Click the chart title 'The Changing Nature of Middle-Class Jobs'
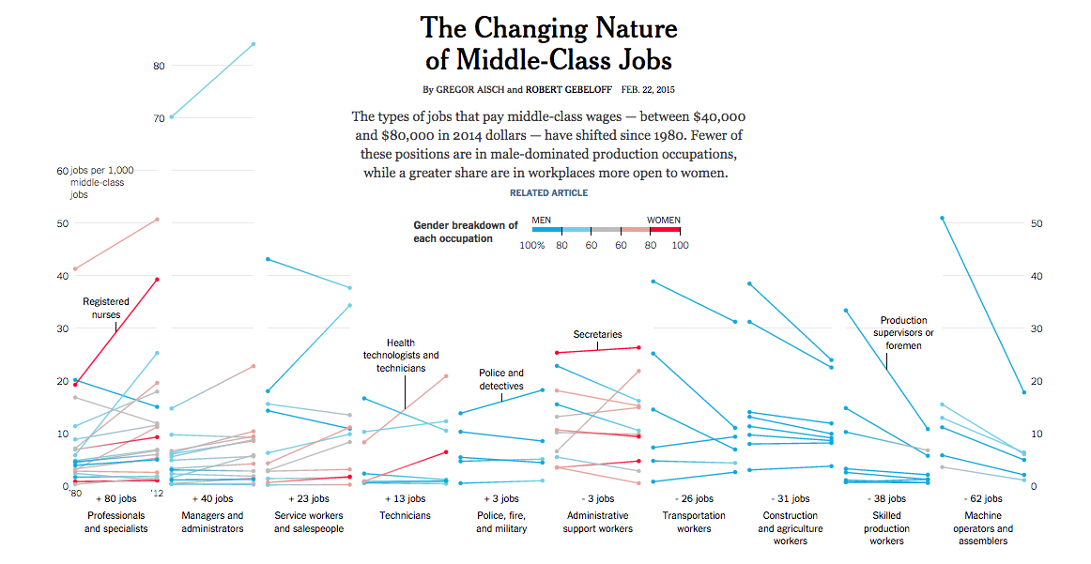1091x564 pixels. [x=548, y=43]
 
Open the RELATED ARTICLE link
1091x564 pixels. [x=548, y=192]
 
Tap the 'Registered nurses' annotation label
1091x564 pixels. [x=106, y=308]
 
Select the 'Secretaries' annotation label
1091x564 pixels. [x=597, y=334]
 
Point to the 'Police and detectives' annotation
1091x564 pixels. [x=501, y=379]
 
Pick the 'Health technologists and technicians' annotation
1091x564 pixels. [x=401, y=356]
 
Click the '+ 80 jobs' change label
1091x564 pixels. [x=117, y=499]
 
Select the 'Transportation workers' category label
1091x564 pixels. [x=694, y=522]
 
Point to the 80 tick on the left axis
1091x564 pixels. [x=159, y=66]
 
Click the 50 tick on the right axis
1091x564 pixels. [x=1037, y=223]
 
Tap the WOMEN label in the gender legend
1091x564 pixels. [x=664, y=220]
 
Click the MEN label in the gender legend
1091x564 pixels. [x=541, y=220]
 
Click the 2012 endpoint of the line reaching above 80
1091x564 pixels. [x=254, y=44]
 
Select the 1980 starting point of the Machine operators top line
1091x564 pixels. [x=942, y=218]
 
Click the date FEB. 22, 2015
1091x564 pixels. [x=648, y=90]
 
